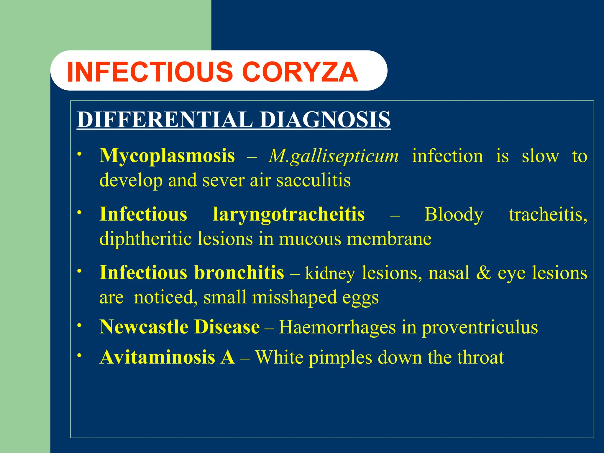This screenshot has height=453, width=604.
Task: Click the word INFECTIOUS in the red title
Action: tap(150, 72)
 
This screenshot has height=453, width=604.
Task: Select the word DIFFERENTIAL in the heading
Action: tap(165, 119)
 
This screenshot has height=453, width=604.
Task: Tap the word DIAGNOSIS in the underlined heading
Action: tap(325, 119)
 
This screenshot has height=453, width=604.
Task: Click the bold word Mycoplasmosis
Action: tap(167, 155)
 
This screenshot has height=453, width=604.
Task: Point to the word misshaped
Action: tap(294, 297)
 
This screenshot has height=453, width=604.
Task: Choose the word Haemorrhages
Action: tap(337, 327)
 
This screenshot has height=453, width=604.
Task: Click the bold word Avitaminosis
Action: tap(157, 357)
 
